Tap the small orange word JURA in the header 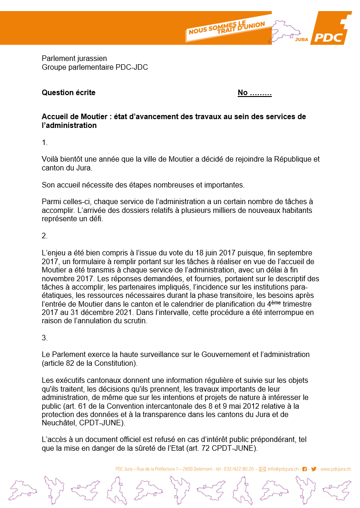[x=301, y=40]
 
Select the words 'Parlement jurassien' [x=74, y=59]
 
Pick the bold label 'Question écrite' [x=69, y=92]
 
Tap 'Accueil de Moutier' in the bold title [x=74, y=117]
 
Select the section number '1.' [x=45, y=143]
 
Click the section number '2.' [x=45, y=236]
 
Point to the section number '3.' [x=45, y=338]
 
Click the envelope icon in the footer [x=262, y=469]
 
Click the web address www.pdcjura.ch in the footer [x=336, y=469]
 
